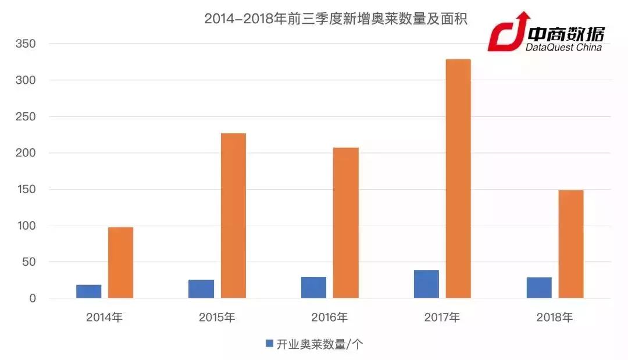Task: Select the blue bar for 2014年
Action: (88, 291)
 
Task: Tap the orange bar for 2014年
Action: (121, 263)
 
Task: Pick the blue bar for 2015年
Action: (201, 289)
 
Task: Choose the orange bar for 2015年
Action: (233, 216)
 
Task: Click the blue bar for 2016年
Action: (314, 288)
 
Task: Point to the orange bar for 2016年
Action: (346, 223)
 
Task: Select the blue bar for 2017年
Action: (426, 284)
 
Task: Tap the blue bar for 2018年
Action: (539, 288)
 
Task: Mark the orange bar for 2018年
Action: (570, 244)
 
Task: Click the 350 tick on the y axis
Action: (26, 44)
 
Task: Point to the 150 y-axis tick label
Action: (26, 190)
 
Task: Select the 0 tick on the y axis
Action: (33, 299)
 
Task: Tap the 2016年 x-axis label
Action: (330, 318)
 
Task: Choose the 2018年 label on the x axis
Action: (555, 318)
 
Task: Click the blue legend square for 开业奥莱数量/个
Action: (269, 344)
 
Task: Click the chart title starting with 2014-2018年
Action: (336, 19)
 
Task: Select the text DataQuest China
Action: (563, 48)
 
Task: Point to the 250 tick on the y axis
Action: (26, 117)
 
